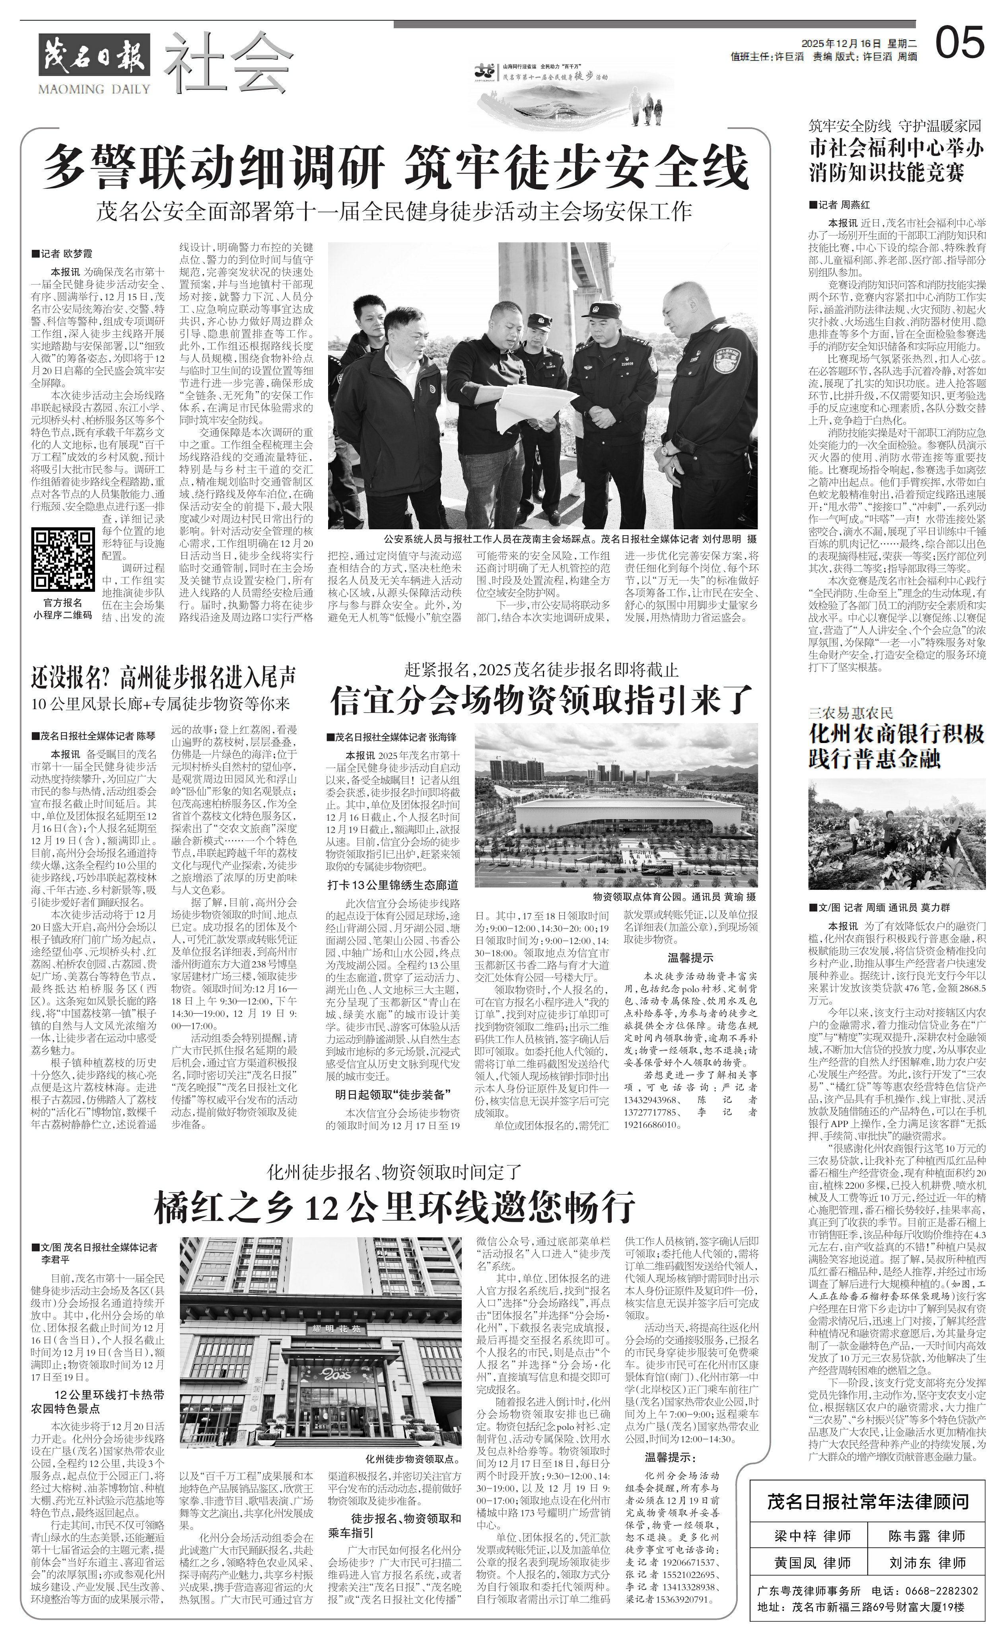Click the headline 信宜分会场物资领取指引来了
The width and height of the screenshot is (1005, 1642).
(541, 700)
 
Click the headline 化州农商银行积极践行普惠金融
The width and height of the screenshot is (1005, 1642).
(895, 746)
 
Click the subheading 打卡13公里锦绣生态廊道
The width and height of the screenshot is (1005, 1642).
(392, 885)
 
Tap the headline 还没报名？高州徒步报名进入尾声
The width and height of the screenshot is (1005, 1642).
(163, 679)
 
